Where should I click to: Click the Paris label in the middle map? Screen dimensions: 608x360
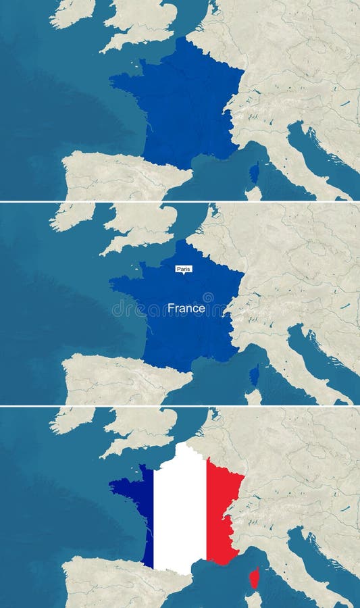pos(184,269)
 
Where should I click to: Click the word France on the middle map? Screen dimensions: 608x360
pos(186,308)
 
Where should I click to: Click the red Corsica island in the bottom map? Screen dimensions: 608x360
pos(254,578)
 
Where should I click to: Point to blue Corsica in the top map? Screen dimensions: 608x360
pos(254,173)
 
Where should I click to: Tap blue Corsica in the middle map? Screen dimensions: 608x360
pos(254,376)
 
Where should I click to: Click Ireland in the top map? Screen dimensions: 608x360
pos(71,11)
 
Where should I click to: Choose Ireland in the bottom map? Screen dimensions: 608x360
pos(71,419)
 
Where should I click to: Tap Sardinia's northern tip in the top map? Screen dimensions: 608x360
pos(253,192)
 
